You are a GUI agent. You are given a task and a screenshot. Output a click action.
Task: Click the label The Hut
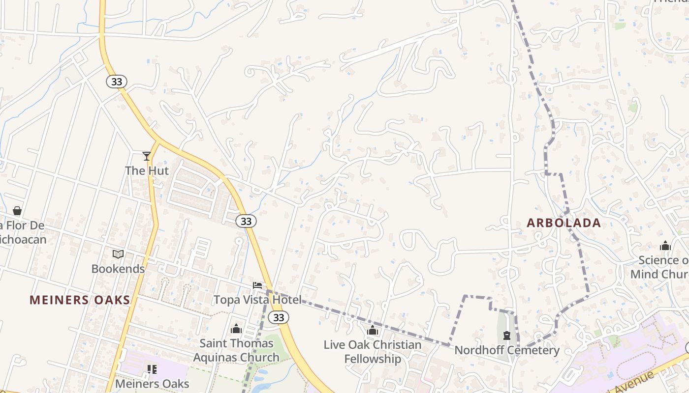click(147, 171)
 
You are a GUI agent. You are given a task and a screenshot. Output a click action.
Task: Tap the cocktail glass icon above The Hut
click(147, 156)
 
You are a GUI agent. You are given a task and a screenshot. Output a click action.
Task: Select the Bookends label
click(118, 269)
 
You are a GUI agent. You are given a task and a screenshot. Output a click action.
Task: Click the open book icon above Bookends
click(118, 254)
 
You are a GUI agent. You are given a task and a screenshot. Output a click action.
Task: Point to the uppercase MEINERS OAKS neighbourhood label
click(80, 300)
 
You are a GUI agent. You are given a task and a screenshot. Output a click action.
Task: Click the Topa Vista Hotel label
click(257, 300)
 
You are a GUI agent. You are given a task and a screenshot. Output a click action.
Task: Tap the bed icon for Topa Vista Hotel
click(257, 285)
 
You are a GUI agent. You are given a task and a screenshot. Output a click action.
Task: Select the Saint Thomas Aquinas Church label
click(236, 350)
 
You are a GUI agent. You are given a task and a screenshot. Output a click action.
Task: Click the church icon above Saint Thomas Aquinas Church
click(236, 329)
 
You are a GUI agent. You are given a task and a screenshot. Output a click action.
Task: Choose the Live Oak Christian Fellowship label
click(373, 352)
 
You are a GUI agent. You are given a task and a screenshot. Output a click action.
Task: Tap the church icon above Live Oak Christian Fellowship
click(373, 330)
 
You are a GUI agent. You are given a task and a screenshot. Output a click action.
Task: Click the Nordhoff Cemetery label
click(507, 350)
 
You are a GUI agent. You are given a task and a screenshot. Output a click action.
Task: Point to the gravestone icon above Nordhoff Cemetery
click(507, 336)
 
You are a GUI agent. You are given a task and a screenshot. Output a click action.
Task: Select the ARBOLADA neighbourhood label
click(564, 223)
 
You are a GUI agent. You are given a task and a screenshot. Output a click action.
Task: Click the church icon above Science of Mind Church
click(665, 246)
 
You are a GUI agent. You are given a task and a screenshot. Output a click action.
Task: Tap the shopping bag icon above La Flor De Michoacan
click(17, 211)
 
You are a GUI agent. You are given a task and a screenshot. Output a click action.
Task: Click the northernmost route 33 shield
click(117, 82)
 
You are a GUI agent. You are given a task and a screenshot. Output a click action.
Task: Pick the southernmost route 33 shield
click(279, 317)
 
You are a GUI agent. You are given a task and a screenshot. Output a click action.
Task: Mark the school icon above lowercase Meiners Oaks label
click(152, 369)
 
